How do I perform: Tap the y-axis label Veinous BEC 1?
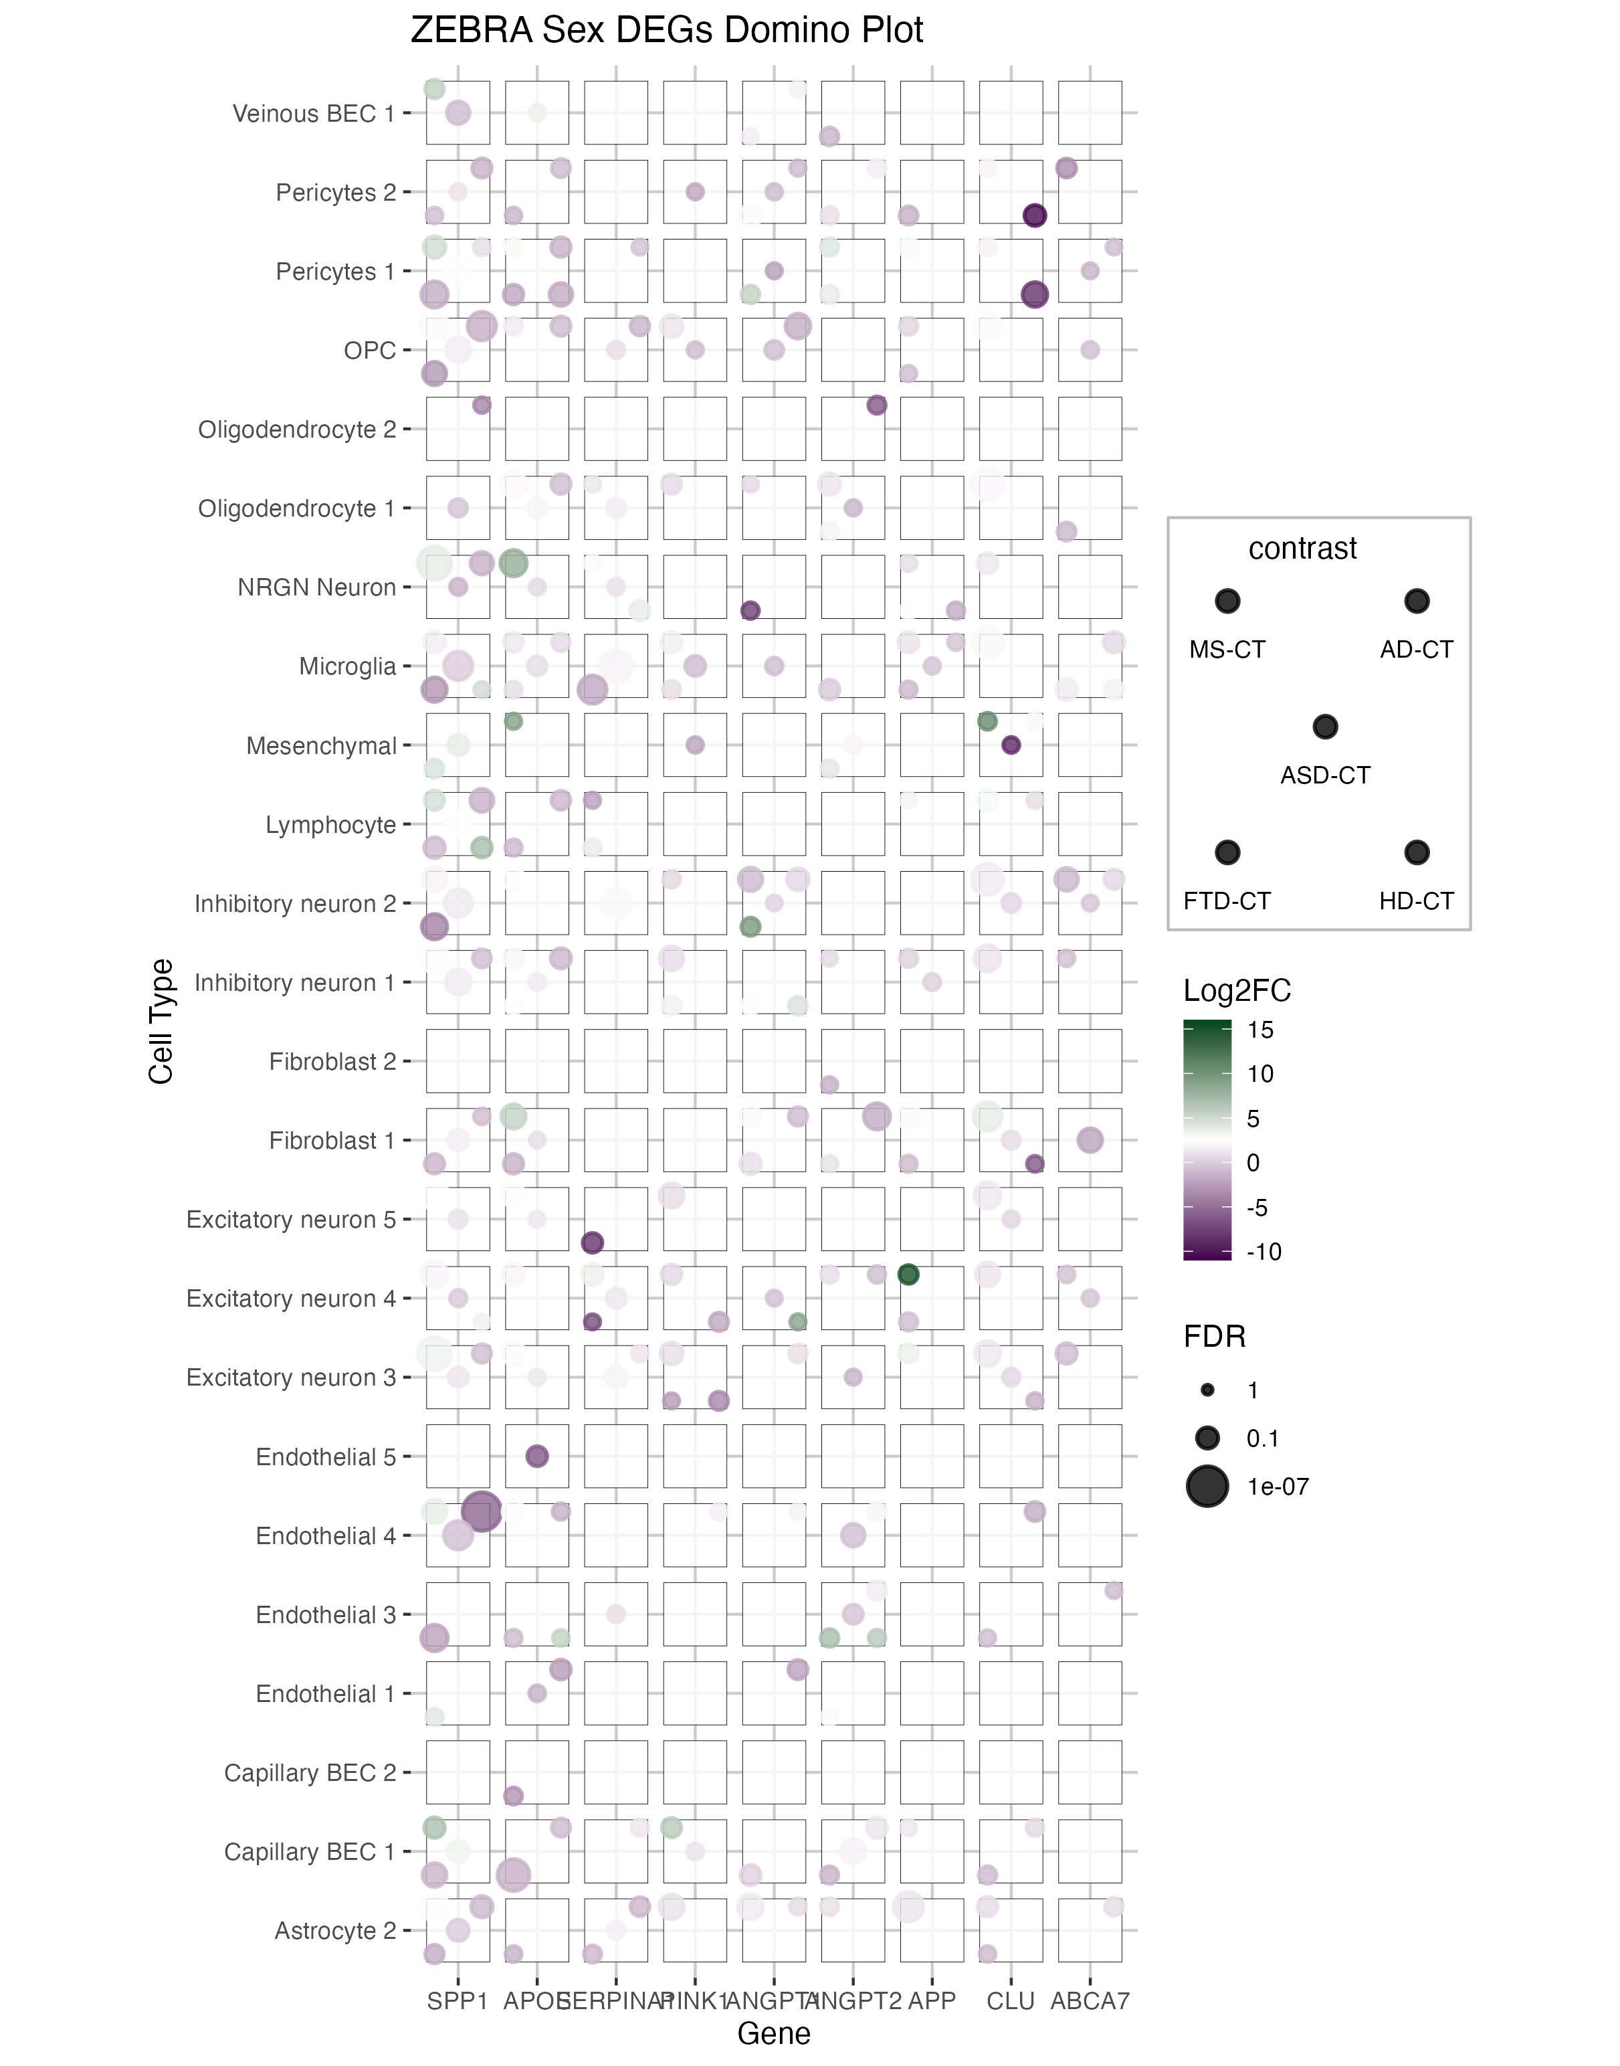point(313,114)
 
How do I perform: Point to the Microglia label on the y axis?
point(347,667)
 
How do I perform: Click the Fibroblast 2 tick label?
point(332,1062)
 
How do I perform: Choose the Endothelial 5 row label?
point(325,1457)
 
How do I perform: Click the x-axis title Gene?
point(773,2034)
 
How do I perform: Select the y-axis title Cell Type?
point(161,1022)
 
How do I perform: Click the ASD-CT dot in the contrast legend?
point(1325,727)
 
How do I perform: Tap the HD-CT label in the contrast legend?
point(1416,901)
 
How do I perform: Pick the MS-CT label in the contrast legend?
point(1227,650)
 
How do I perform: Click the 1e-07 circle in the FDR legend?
point(1207,1487)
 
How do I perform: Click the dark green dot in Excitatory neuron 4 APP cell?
point(908,1275)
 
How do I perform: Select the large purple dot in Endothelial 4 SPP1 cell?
point(481,1511)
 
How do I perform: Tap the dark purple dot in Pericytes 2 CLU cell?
point(1034,215)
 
